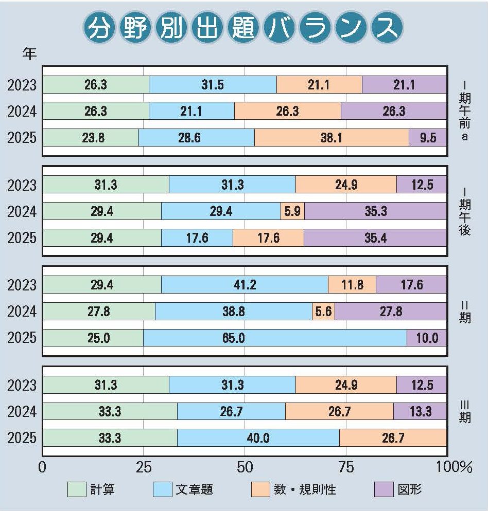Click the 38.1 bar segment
click(332, 138)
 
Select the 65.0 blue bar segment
click(275, 338)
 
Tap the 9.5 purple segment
click(428, 138)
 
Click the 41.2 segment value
click(245, 284)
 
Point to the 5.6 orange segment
click(323, 311)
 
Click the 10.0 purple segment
click(427, 338)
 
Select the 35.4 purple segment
click(375, 238)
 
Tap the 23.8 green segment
click(91, 138)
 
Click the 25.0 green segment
click(93, 338)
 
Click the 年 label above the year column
click(29, 53)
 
